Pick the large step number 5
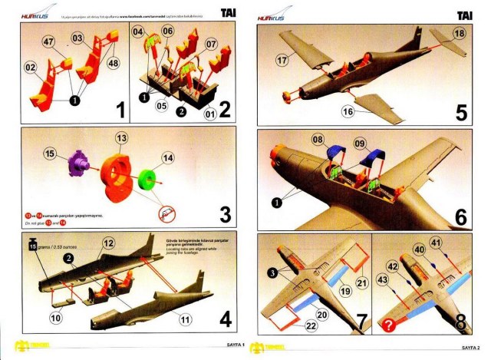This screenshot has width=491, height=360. (x=462, y=112)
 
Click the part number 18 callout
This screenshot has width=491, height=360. (x=459, y=34)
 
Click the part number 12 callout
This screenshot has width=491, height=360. (x=108, y=243)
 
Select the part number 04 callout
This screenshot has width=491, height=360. (x=138, y=32)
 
